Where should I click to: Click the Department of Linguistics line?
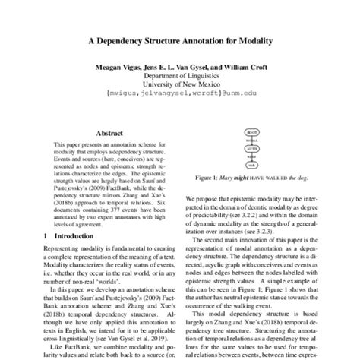coord(180,77)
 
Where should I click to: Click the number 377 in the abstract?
coord(115,207)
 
